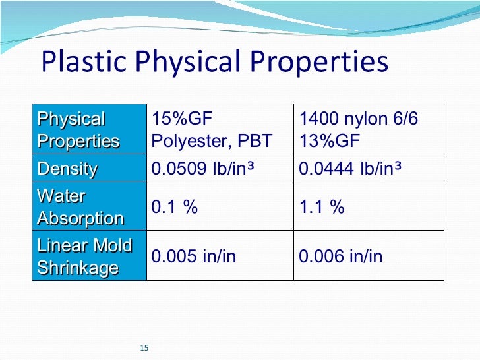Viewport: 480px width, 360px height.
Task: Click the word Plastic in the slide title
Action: [x=73, y=63]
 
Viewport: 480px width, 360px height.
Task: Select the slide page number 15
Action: [x=146, y=347]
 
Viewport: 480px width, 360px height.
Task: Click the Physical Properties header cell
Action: [x=78, y=130]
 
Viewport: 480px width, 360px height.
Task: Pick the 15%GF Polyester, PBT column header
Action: [x=212, y=130]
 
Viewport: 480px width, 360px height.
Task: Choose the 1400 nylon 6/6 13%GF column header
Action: [x=359, y=130]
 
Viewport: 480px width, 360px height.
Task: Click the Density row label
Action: [x=67, y=169]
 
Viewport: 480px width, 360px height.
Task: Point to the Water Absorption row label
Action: [x=80, y=207]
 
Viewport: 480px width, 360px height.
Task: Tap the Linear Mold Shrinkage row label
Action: [x=84, y=256]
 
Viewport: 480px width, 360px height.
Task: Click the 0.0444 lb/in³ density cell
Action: [x=351, y=169]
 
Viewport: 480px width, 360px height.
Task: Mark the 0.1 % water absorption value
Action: [x=175, y=207]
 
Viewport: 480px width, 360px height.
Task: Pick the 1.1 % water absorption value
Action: [x=322, y=207]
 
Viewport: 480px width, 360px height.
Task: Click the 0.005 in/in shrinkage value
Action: [x=193, y=256]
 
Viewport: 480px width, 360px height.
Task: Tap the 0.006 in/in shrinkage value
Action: [x=340, y=256]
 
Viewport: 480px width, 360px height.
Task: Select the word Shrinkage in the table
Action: [x=78, y=268]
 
